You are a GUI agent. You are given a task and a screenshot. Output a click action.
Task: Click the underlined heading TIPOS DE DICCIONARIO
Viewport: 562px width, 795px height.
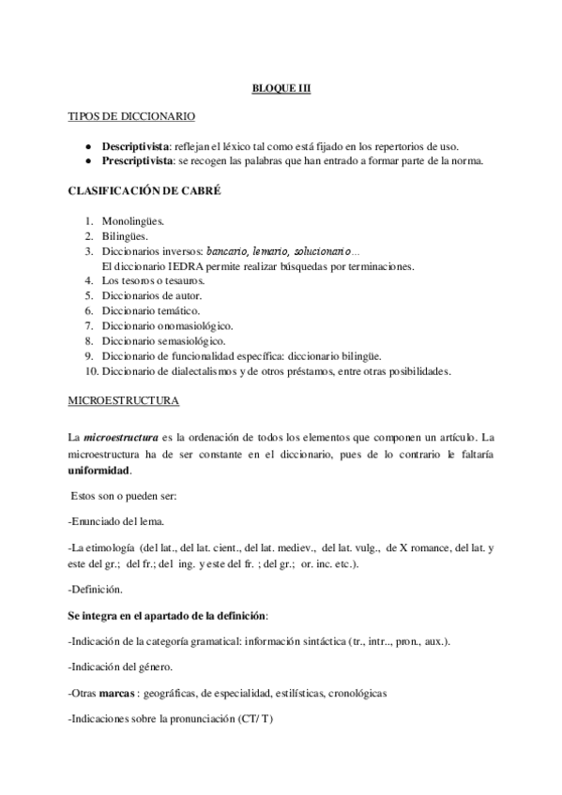[132, 117]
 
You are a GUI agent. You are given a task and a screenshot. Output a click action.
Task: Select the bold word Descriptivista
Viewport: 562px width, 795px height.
[136, 147]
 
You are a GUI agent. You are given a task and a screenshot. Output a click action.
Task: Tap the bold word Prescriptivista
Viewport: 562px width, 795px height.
[138, 160]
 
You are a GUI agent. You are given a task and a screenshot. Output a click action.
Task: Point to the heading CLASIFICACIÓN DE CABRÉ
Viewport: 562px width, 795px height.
[144, 190]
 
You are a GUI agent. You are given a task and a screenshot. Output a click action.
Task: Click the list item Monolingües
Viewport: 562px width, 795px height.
[134, 220]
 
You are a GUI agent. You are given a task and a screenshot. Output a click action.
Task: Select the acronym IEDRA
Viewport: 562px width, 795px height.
[183, 266]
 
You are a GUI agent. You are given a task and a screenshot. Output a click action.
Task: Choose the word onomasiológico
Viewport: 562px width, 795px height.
[201, 326]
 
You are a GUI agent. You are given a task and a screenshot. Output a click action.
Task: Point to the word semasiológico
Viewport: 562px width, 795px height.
[196, 341]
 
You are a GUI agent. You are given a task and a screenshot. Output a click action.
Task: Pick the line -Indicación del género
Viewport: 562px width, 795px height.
[120, 667]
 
